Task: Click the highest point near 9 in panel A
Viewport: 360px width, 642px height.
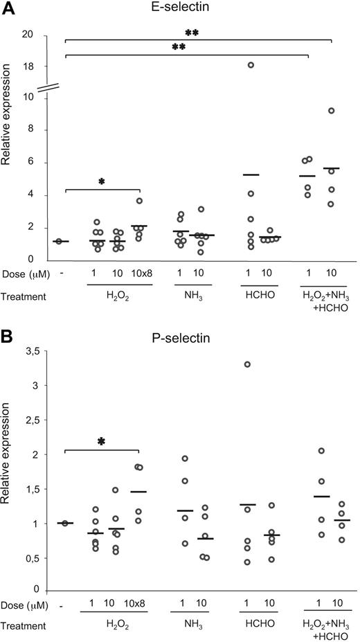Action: click(x=331, y=110)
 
